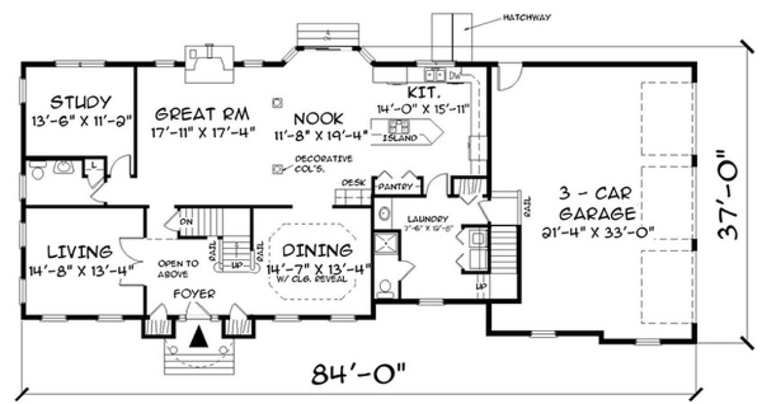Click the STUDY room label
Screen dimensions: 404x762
point(80,102)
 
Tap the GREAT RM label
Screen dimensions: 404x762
point(203,114)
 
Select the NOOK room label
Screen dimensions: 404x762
point(318,118)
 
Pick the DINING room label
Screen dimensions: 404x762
point(320,251)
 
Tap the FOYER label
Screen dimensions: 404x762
point(194,294)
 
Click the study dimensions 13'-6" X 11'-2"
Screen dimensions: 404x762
point(80,120)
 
